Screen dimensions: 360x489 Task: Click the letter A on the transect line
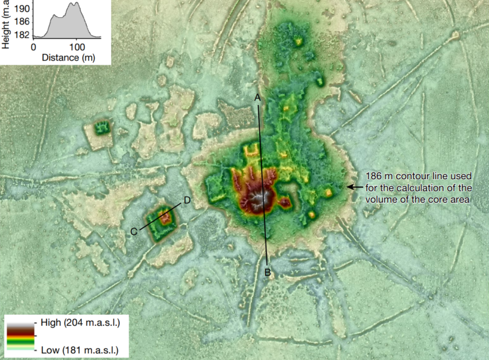click(257, 98)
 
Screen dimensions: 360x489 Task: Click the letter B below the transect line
click(267, 273)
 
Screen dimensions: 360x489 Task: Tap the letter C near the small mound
click(133, 231)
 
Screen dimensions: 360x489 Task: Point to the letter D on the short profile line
click(188, 200)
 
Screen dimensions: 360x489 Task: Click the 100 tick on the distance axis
click(76, 46)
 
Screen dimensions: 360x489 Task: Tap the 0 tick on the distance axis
click(34, 46)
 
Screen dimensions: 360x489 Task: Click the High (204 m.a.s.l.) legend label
click(79, 322)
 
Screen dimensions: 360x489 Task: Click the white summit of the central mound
click(264, 197)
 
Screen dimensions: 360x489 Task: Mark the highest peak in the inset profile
click(76, 4)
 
